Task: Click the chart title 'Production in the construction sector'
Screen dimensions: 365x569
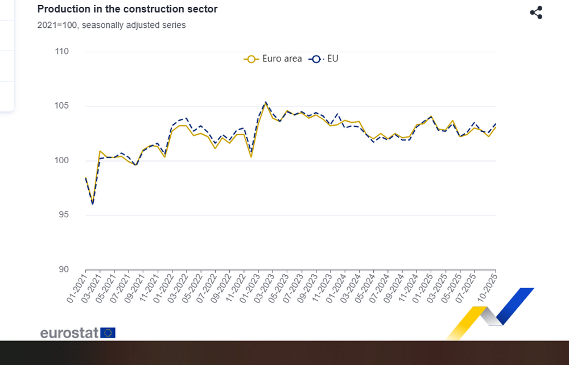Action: pyautogui.click(x=127, y=10)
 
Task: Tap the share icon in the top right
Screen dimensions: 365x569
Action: pyautogui.click(x=536, y=13)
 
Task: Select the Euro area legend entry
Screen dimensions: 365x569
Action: pyautogui.click(x=274, y=59)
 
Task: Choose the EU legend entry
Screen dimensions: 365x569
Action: pyautogui.click(x=324, y=59)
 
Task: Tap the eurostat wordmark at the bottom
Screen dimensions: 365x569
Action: pyautogui.click(x=69, y=333)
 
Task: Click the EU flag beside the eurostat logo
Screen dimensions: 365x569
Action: pyautogui.click(x=108, y=333)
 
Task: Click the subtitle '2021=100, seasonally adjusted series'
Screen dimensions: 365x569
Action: pyautogui.click(x=112, y=25)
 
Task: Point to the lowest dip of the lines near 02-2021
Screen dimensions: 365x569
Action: pyautogui.click(x=92, y=203)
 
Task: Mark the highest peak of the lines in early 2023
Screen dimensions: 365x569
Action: pyautogui.click(x=265, y=103)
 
